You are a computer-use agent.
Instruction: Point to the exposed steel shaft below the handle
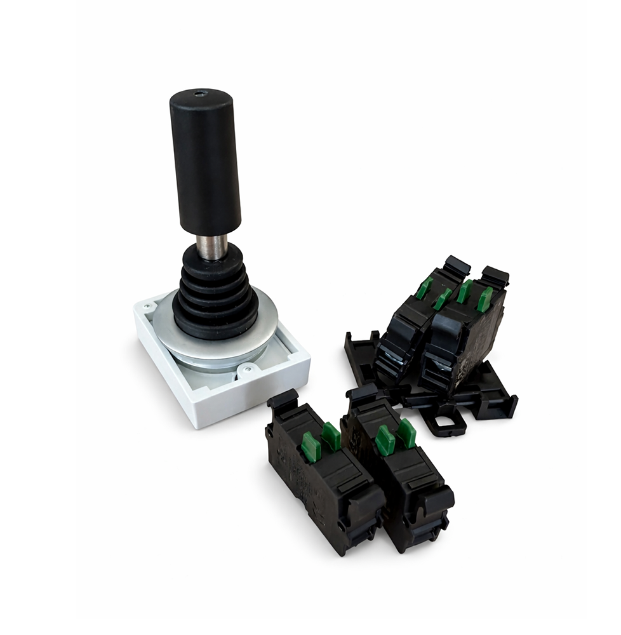[x=211, y=246]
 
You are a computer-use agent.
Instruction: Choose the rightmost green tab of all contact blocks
[x=485, y=299]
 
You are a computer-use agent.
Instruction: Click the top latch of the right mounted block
[x=494, y=276]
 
